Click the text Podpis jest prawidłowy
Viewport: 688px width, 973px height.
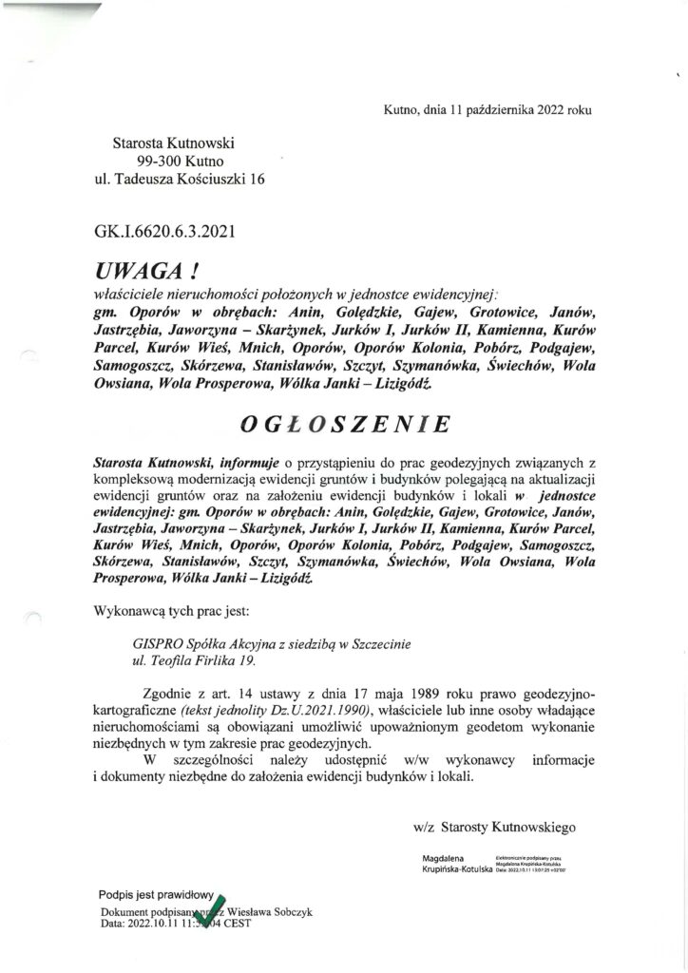(x=155, y=894)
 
